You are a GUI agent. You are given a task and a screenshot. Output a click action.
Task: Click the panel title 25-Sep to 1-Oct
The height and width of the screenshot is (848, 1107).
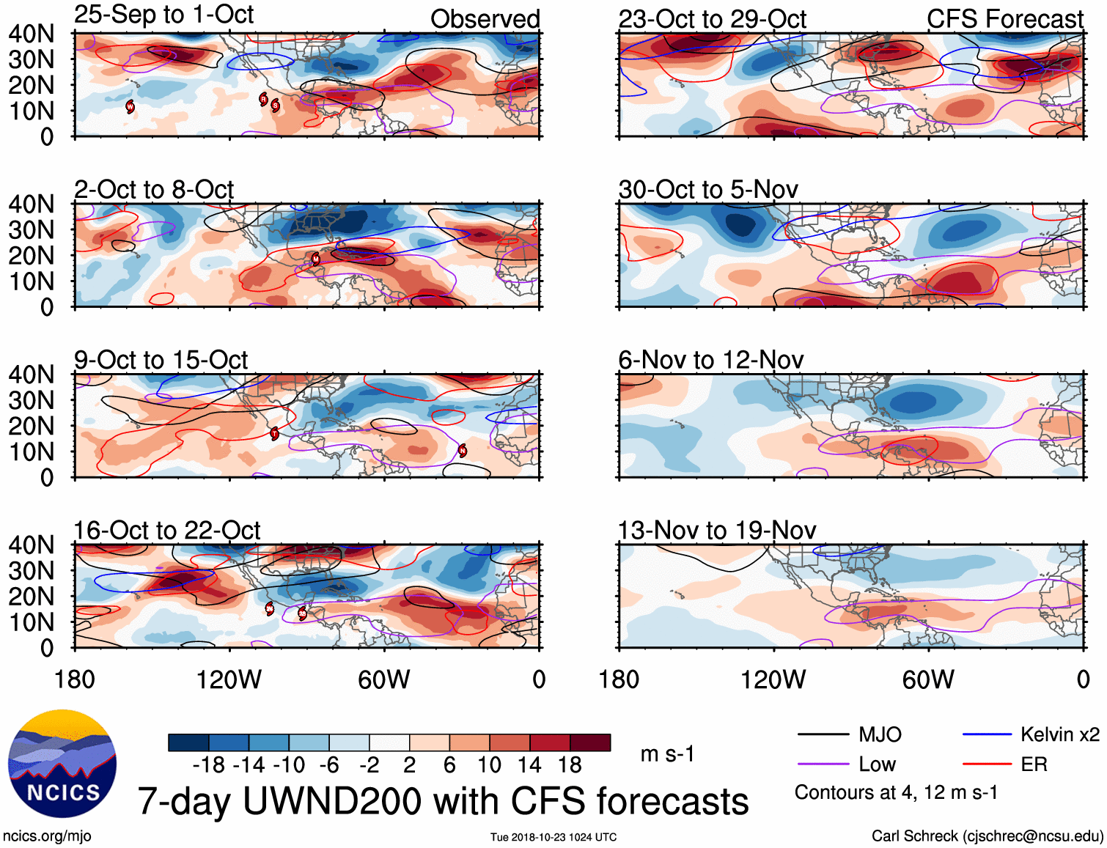[163, 15]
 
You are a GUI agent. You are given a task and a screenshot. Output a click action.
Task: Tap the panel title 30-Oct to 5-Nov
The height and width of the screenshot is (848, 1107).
[707, 190]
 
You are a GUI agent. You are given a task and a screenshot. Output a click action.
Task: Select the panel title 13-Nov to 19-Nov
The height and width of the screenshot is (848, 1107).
[716, 530]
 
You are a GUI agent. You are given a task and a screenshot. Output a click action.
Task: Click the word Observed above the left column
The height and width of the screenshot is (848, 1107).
[485, 19]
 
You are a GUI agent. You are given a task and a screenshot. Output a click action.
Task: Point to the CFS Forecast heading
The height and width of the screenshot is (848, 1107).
[1004, 19]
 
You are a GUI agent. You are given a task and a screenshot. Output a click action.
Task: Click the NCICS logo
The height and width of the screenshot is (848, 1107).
[62, 764]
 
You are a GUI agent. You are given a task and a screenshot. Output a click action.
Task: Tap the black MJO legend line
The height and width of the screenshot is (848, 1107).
[823, 734]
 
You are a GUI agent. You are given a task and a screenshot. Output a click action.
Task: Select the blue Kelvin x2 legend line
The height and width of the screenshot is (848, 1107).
[987, 734]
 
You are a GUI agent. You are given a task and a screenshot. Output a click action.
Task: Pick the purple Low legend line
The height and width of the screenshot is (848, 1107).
[823, 764]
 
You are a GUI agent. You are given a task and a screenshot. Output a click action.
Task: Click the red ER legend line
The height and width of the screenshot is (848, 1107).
[987, 764]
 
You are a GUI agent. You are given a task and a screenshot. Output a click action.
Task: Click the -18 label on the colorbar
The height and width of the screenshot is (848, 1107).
[209, 765]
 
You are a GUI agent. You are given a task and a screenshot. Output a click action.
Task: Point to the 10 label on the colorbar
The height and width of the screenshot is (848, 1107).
[489, 765]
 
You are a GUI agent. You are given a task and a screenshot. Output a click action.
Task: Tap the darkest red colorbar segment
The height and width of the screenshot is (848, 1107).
[590, 742]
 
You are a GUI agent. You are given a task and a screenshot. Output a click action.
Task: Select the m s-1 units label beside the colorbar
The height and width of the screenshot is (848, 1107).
[667, 754]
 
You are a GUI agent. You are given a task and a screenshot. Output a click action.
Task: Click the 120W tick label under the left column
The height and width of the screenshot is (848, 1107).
[229, 679]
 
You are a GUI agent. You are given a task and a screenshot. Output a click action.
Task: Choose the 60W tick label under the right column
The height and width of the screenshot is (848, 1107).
[928, 679]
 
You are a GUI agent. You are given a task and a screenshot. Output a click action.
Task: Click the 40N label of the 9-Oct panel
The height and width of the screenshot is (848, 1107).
[31, 375]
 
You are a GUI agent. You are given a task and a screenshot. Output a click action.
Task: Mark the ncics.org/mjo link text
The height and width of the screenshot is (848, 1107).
[47, 836]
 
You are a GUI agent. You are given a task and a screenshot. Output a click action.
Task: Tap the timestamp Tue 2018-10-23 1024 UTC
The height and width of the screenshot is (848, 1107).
[553, 837]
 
